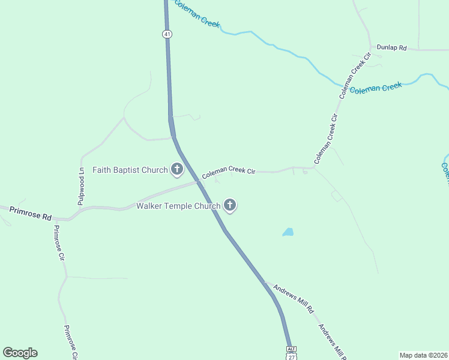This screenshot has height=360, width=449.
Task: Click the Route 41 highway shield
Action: [x=167, y=34]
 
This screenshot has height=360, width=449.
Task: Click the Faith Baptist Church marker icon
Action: [x=177, y=170]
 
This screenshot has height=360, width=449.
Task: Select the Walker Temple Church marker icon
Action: [x=229, y=206]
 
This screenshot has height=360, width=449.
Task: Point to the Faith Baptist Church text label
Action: [x=130, y=170]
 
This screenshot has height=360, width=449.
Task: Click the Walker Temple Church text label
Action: [x=178, y=206]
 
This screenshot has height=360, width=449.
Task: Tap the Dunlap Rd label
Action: [x=391, y=47]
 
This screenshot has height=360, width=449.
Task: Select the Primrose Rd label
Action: [x=30, y=212]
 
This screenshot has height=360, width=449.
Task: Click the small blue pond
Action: [x=288, y=232]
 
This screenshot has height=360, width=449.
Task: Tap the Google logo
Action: [x=20, y=353]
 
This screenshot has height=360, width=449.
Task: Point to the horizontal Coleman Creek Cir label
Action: [x=229, y=173]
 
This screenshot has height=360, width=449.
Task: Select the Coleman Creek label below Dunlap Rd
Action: [x=375, y=88]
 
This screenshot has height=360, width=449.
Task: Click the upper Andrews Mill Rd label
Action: [x=294, y=298]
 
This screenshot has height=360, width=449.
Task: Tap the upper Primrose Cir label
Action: [x=58, y=242]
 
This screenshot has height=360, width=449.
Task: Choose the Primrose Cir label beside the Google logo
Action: [x=71, y=342]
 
